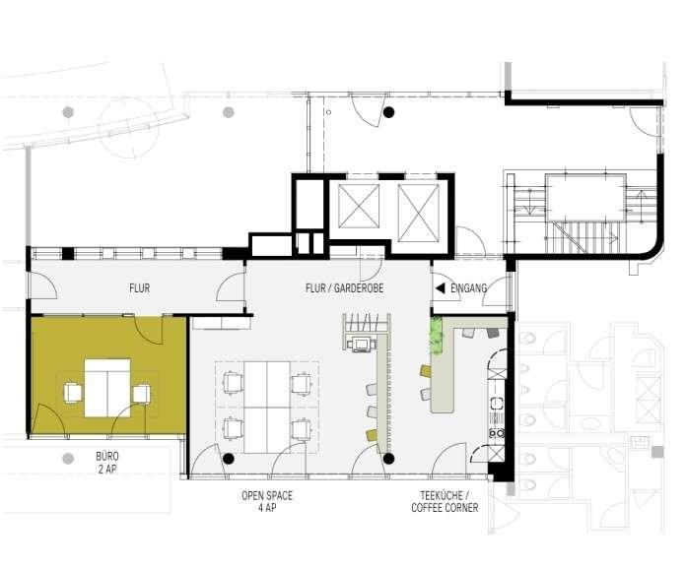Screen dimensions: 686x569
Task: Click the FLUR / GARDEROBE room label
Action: point(344,288)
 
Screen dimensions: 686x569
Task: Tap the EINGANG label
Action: point(468,288)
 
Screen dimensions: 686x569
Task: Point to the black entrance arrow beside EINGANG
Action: point(441,288)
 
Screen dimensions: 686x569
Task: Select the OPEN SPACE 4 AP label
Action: point(267,501)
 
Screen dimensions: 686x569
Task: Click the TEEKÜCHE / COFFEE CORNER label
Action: point(445,501)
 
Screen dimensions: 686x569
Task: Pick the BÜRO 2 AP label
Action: point(107,463)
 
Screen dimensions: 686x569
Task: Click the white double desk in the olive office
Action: point(107,388)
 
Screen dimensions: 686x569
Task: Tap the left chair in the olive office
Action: point(73,392)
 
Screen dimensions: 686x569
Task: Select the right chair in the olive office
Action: point(142,393)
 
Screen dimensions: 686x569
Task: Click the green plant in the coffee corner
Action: point(437,335)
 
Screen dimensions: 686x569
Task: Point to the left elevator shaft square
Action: point(359,206)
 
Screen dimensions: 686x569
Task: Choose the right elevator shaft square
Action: point(418,213)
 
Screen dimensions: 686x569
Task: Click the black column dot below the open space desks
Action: point(228,459)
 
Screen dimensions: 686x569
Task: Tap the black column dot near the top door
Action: point(388,112)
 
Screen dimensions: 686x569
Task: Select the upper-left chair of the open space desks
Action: point(233,382)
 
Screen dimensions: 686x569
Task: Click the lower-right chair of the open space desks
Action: point(301,428)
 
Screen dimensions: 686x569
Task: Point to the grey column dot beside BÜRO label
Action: point(68,459)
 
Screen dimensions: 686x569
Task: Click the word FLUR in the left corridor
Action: point(140,288)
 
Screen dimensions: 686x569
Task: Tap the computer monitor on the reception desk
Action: point(361,344)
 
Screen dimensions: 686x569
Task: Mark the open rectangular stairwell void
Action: point(585,197)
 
